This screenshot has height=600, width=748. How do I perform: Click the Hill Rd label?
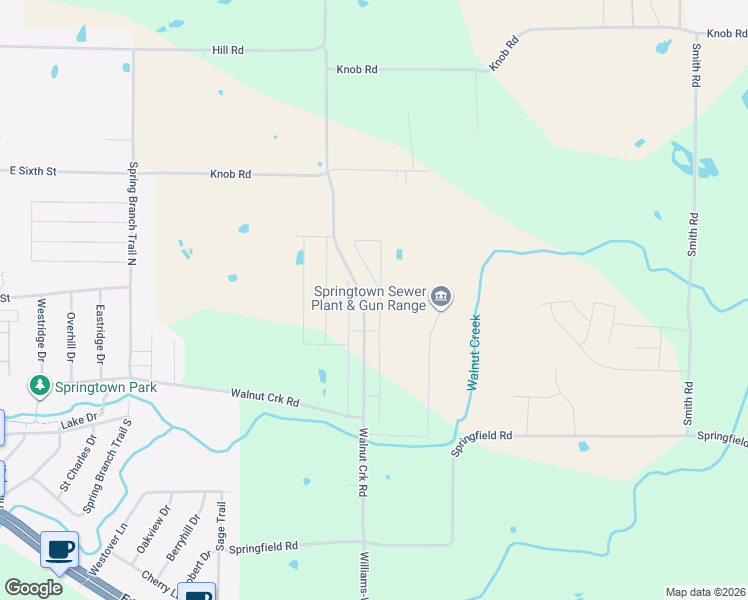tap(228, 49)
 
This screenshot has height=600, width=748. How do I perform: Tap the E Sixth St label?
tap(30, 172)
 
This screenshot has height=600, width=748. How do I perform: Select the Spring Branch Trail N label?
tap(131, 214)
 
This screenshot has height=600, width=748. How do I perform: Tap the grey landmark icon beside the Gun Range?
tap(441, 297)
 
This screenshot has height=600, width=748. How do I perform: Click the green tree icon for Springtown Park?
tap(40, 385)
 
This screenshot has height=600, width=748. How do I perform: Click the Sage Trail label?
tap(222, 525)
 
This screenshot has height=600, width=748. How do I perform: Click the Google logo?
tap(33, 588)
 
